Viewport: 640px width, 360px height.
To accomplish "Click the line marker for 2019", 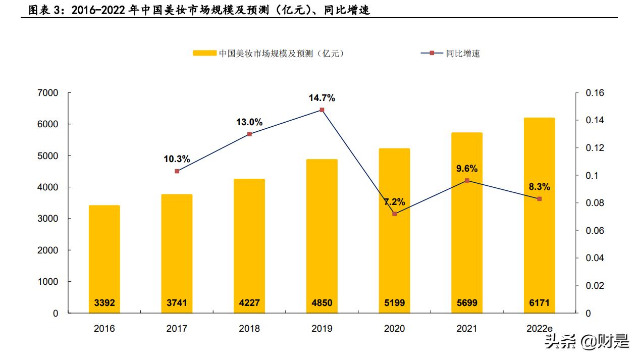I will coord(322,110).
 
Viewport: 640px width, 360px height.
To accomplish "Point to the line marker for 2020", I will coord(395,214).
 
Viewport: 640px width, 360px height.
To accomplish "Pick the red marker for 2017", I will coord(177,171).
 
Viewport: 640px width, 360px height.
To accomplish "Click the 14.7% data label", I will coord(322,98).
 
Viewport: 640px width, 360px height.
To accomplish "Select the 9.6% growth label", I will coord(467,169).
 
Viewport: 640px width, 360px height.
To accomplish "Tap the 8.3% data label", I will coord(540,187).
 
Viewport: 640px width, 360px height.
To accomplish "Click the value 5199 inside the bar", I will coord(395,303).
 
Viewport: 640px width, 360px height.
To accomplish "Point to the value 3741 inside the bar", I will coord(177,303).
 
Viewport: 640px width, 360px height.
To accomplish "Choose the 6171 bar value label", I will coord(540,303).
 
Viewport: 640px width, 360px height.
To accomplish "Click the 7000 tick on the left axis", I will coord(48,93).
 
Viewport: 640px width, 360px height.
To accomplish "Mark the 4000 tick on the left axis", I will coord(48,187).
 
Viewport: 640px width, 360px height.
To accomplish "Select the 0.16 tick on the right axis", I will coord(595,93).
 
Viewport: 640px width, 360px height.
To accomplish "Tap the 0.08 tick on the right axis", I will coord(595,203).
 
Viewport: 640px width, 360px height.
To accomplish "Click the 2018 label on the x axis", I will coord(249,329).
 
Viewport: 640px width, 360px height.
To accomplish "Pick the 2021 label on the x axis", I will coord(467,329).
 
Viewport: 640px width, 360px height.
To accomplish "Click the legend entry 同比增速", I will coord(462,54).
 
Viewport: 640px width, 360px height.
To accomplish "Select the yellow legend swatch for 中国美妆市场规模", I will coord(204,54).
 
